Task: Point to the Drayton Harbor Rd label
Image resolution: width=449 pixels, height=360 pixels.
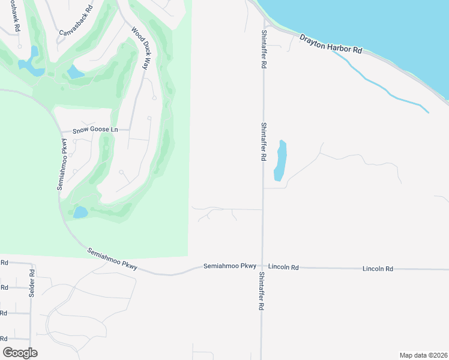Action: pos(331,44)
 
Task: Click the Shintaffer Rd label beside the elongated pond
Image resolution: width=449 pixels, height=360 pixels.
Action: pos(264,142)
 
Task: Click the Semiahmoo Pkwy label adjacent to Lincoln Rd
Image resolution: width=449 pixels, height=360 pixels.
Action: pos(230,266)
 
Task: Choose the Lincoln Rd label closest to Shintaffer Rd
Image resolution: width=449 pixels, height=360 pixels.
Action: pos(283,266)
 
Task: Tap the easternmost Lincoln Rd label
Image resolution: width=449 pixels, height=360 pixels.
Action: pos(378,269)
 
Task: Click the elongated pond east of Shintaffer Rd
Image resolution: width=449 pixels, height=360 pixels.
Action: pos(280,160)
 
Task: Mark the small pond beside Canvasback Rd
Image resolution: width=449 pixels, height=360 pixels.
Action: pos(76,73)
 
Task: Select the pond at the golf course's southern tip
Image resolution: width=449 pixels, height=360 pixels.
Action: pos(80,212)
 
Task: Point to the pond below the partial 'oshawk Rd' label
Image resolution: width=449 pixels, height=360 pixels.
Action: pos(30,61)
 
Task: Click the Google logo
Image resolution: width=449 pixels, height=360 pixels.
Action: pos(20,352)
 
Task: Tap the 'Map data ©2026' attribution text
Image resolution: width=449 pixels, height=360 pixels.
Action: pos(423,355)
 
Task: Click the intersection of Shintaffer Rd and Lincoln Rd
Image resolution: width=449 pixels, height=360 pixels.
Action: pos(262,266)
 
